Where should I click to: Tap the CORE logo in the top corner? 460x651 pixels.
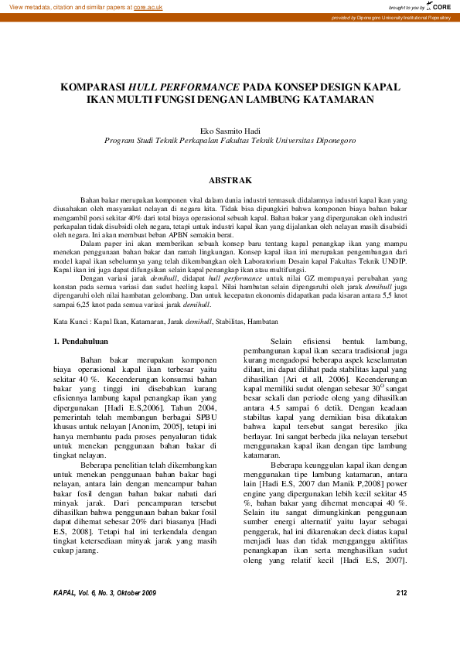[437, 6]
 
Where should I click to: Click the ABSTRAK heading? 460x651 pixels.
[230, 180]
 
